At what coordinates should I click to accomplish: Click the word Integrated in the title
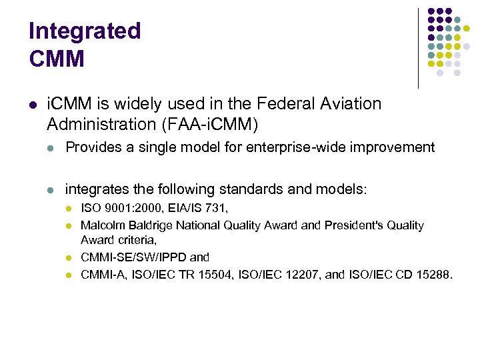85,31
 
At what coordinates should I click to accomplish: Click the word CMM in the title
57,59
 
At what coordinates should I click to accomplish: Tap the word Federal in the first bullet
286,104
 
